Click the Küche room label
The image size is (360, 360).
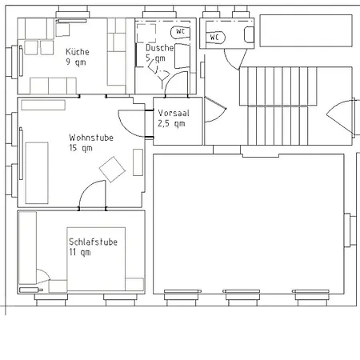coord(77,52)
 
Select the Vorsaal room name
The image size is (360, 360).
coord(174,113)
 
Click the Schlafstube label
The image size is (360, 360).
coord(93,242)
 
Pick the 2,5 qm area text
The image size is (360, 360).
coord(170,124)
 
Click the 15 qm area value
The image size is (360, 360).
coord(80,148)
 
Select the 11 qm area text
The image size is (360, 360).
coord(79,253)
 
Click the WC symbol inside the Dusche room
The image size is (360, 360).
coord(181,32)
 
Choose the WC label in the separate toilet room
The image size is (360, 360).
coord(215,37)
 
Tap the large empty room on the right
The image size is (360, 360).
coord(248,224)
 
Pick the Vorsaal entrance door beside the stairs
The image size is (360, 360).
coord(214,112)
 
